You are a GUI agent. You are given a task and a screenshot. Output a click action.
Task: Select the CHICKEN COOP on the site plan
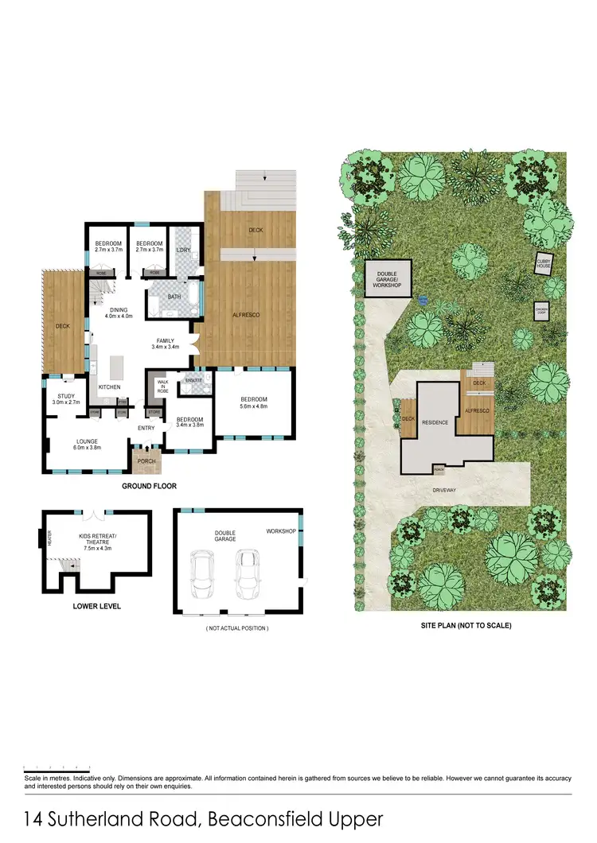pyautogui.click(x=542, y=310)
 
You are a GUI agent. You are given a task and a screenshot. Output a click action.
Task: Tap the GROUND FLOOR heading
pyautogui.click(x=149, y=486)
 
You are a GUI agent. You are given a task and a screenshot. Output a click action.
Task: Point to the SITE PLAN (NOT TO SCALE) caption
pyautogui.click(x=466, y=626)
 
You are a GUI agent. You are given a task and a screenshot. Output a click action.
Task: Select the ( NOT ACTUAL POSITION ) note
pyautogui.click(x=236, y=628)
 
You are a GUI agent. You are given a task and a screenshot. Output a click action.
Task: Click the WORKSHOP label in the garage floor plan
pyautogui.click(x=281, y=531)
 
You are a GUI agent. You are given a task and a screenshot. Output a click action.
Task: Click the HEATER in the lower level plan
pyautogui.click(x=49, y=539)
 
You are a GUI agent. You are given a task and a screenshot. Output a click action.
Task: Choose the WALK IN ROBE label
pyautogui.click(x=162, y=387)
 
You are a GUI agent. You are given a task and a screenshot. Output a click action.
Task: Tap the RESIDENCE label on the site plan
pyautogui.click(x=435, y=422)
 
